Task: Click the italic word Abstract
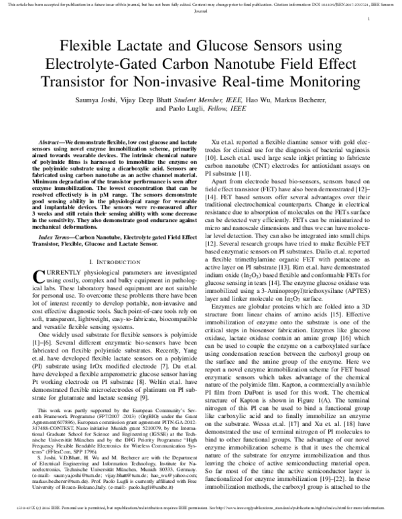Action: click(51, 143)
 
